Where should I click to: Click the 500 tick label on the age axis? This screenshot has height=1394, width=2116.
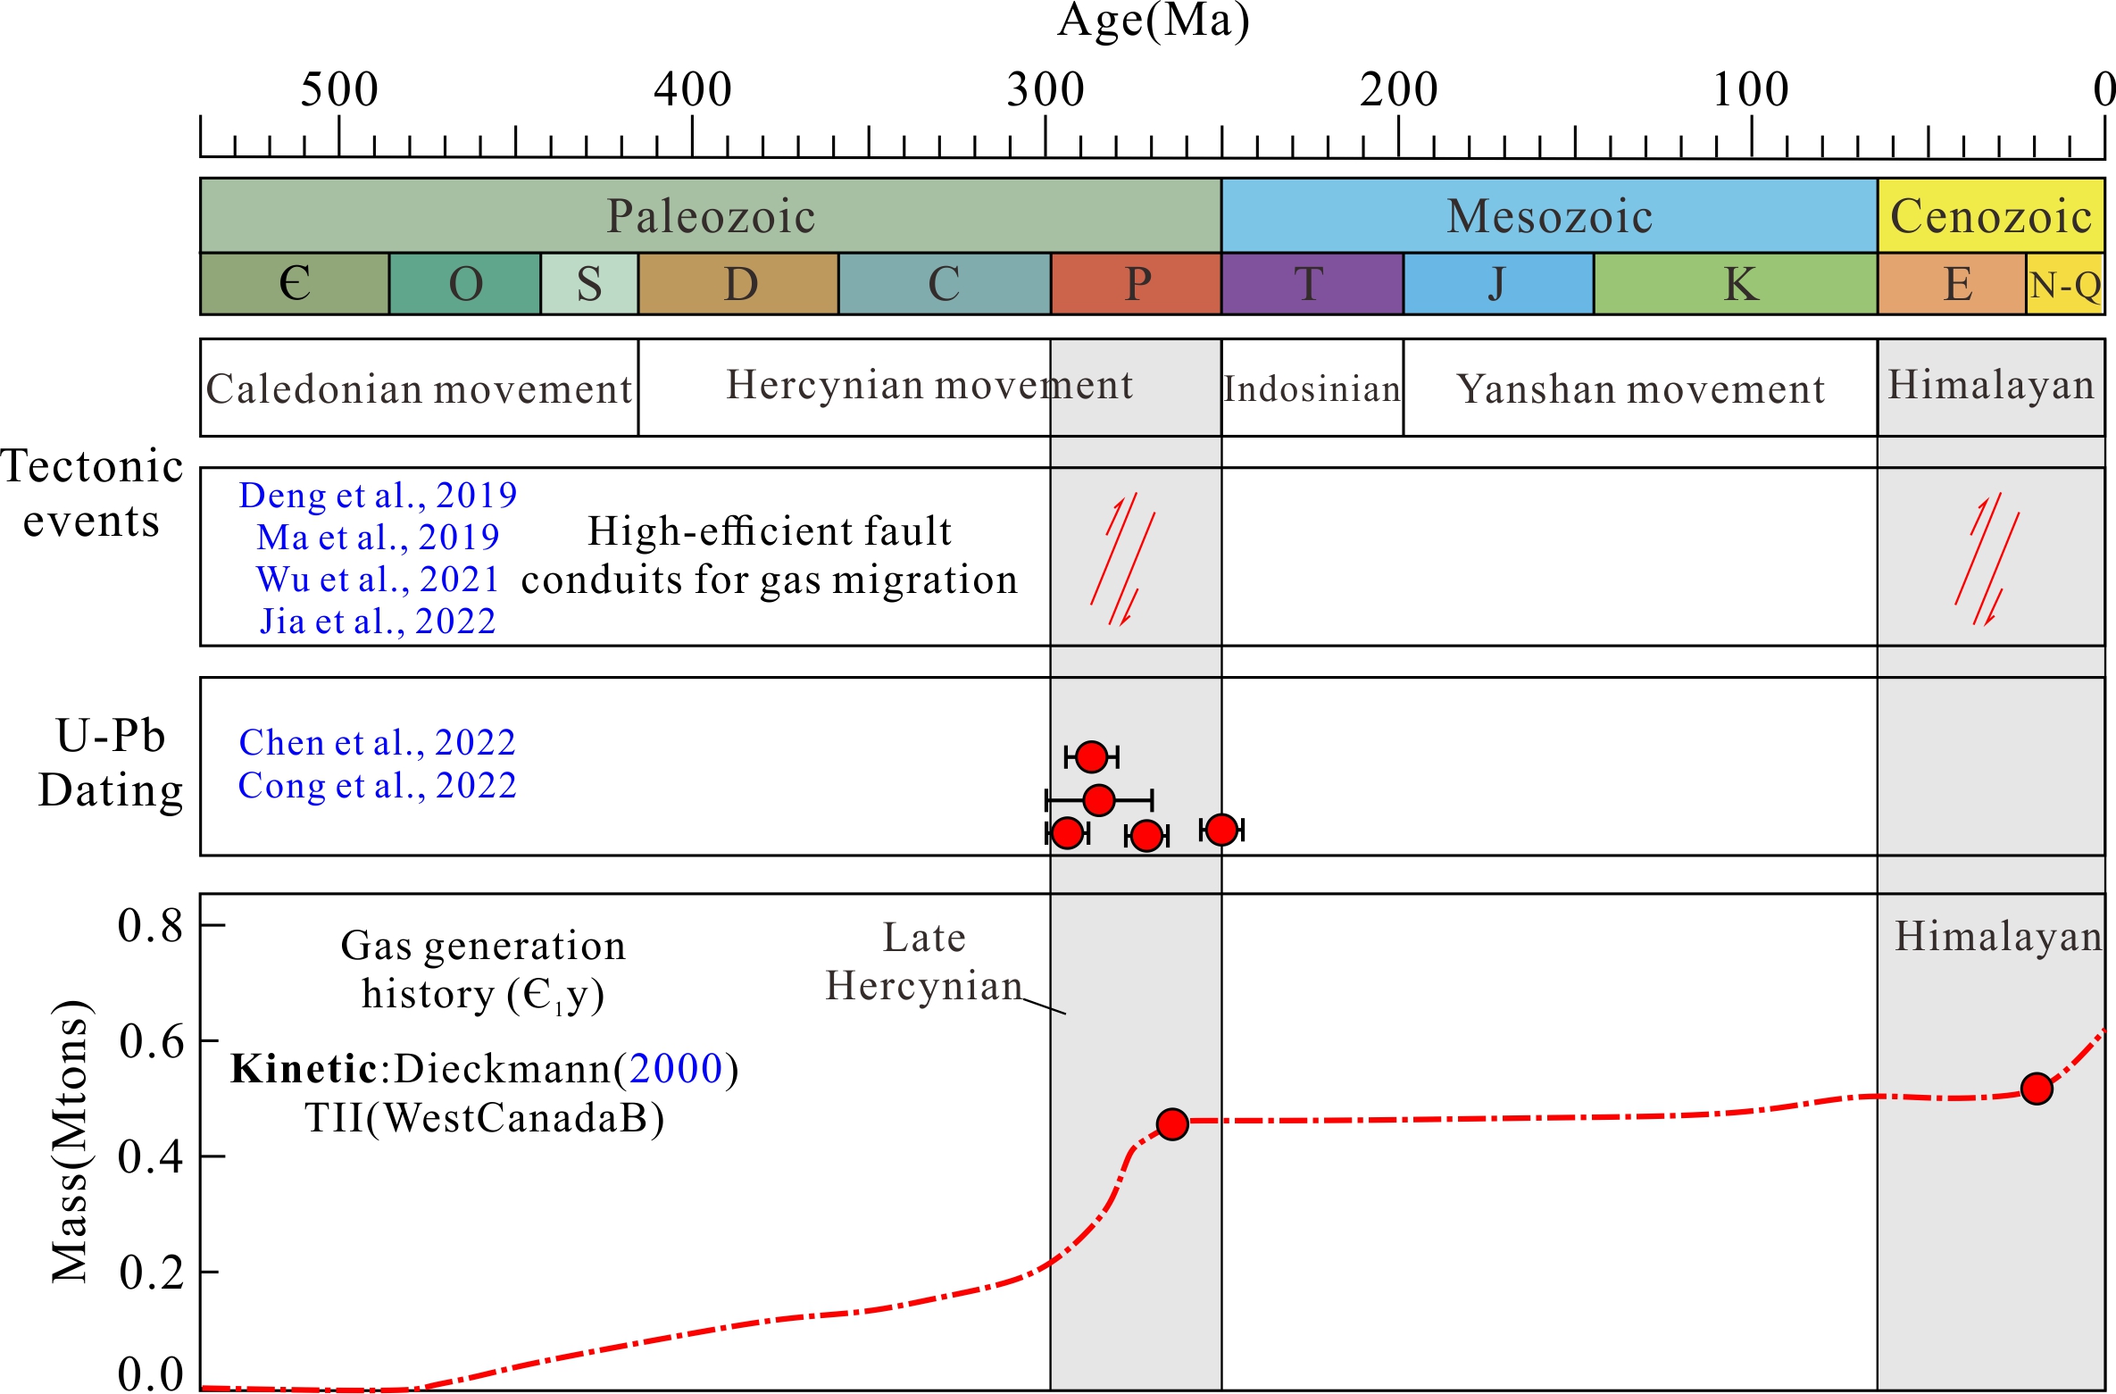339,90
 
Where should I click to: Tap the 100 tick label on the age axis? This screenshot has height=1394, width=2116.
1750,90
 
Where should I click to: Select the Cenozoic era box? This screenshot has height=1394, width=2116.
1991,216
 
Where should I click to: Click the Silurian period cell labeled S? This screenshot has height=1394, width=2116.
589,284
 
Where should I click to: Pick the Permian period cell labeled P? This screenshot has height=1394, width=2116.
1137,284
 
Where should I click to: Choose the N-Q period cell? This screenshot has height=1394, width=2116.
2065,285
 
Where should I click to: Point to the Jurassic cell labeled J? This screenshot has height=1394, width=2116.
1497,284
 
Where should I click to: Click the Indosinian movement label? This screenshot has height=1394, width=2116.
1312,388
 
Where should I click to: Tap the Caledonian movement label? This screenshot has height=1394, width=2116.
419,388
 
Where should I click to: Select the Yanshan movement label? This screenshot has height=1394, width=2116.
1640,388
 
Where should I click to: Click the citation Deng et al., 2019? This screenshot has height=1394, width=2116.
378,495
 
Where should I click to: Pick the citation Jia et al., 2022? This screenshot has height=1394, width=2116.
378,621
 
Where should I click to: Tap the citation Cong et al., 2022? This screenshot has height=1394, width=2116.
377,786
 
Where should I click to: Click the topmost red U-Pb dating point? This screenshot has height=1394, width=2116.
1091,756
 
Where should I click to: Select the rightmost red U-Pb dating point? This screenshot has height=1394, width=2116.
1220,830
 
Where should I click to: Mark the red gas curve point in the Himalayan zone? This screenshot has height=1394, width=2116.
2037,1089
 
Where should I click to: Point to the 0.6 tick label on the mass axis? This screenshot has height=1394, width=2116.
151,1041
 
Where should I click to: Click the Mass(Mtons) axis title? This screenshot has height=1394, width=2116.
71,1141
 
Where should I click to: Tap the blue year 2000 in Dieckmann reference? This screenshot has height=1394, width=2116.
676,1069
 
